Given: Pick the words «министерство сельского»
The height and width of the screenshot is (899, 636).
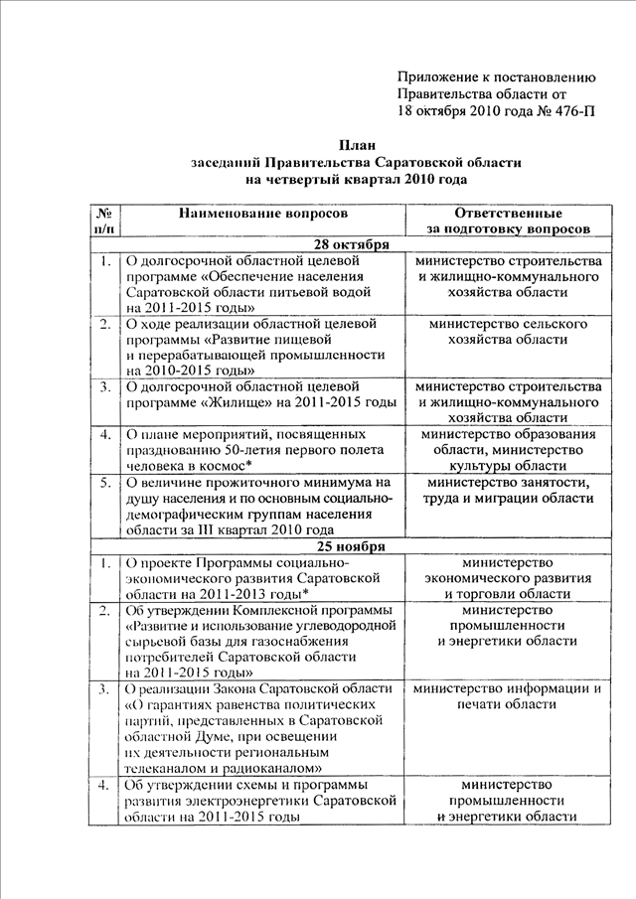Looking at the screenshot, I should pos(508,324).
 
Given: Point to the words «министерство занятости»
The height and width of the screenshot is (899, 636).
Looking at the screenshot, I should pos(508,483).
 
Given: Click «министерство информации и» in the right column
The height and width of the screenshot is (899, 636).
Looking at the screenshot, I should pos(508,688).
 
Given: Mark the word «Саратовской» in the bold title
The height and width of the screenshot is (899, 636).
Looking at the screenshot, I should pos(420,162).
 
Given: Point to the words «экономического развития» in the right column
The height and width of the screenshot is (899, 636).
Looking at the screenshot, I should pos(508,577).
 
